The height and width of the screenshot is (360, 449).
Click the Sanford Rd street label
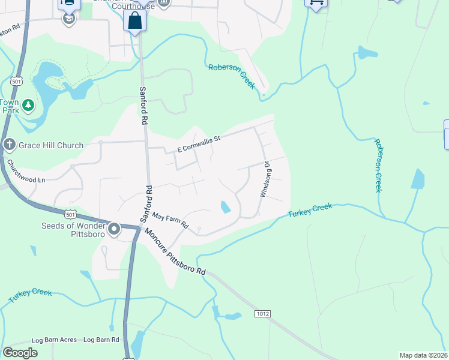click(x=143, y=105)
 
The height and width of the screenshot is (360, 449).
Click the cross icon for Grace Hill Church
click(x=9, y=144)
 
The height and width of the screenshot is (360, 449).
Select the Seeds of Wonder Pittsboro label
click(x=73, y=230)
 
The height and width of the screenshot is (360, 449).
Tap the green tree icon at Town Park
click(x=28, y=106)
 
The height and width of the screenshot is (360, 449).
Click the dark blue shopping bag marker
click(x=135, y=21)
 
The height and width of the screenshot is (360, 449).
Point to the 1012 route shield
click(x=262, y=314)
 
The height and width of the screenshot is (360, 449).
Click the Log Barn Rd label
click(x=101, y=340)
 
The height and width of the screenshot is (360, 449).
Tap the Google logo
click(x=20, y=353)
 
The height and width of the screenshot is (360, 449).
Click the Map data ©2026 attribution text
click(x=423, y=355)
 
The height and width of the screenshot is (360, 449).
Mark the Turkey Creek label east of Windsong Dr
click(x=310, y=211)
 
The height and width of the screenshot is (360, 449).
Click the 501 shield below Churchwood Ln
click(x=70, y=214)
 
